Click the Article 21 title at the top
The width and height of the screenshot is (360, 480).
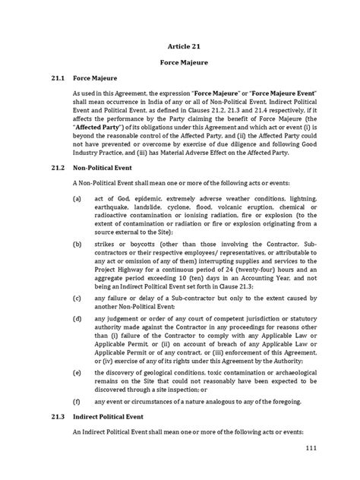(x=180, y=46)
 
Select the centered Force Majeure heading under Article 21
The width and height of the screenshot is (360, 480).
(x=180, y=65)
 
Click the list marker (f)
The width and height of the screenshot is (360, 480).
(x=78, y=420)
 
